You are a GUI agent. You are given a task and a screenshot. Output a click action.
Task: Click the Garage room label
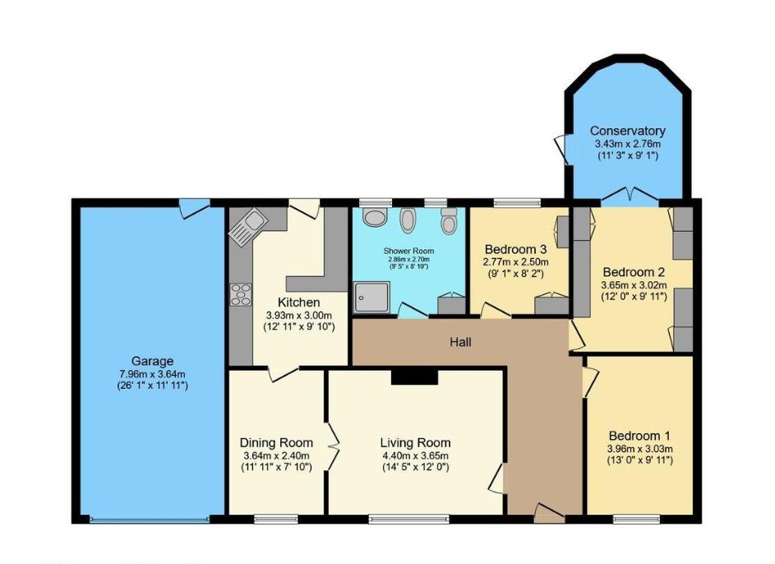(x=152, y=360)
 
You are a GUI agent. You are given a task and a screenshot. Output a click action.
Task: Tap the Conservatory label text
(x=627, y=131)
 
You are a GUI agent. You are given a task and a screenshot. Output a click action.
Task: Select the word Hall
(x=460, y=341)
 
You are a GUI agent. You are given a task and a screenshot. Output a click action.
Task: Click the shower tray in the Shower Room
(x=371, y=297)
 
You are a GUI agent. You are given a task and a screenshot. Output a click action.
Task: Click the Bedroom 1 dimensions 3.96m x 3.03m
(x=640, y=449)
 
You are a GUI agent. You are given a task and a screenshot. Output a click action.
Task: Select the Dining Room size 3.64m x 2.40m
(x=276, y=455)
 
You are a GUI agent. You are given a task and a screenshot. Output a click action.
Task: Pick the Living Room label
(x=415, y=442)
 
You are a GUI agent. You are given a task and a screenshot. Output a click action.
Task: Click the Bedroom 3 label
(x=515, y=249)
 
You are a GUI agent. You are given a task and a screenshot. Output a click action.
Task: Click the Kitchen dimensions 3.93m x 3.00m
(x=298, y=316)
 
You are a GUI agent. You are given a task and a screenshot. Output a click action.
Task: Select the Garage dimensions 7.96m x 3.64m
(x=152, y=373)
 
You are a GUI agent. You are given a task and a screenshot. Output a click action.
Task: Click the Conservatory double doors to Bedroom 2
(x=628, y=196)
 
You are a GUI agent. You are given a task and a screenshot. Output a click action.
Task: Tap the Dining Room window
(x=277, y=518)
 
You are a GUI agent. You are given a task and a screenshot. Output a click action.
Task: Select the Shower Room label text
(x=408, y=251)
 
